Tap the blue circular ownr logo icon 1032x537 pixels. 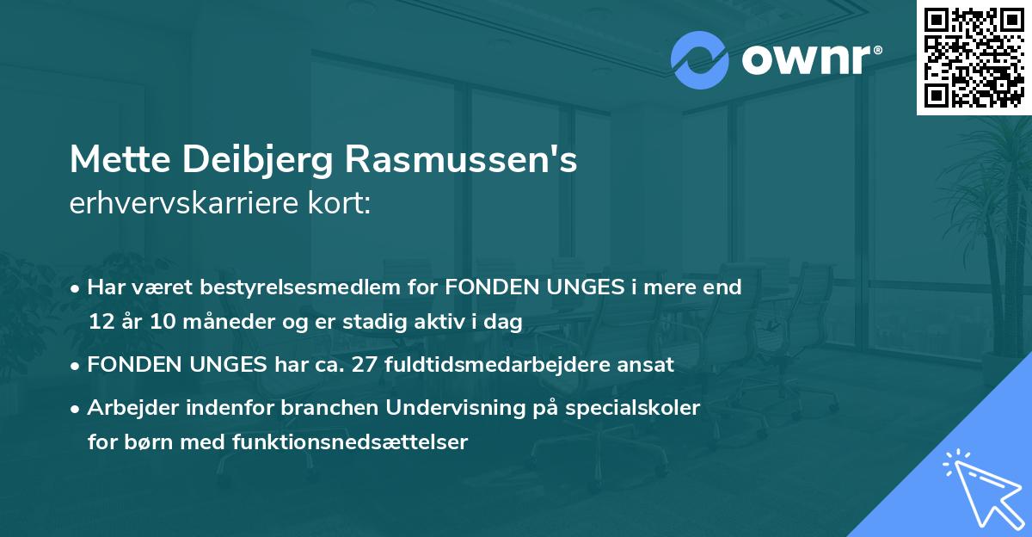point(700,60)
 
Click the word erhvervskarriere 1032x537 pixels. point(191,204)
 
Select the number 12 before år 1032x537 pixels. point(100,322)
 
